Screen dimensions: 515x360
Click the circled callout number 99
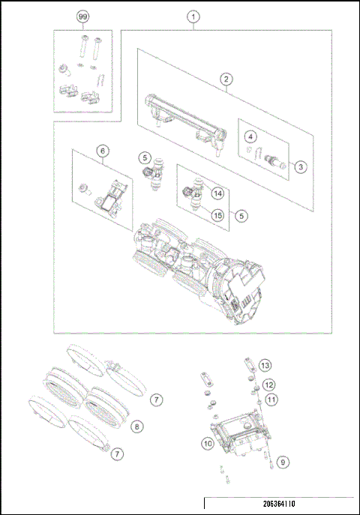(82, 16)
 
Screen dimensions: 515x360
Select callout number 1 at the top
(194, 16)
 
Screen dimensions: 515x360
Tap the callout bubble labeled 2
(224, 78)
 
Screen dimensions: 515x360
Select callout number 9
(282, 462)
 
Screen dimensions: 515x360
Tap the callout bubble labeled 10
(208, 443)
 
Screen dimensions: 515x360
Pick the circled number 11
(271, 400)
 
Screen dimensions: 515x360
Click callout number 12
(268, 384)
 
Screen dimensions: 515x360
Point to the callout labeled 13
(265, 365)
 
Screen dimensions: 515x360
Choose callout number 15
(218, 215)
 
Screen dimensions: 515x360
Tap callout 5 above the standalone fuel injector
(145, 157)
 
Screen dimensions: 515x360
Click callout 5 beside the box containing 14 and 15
(241, 215)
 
